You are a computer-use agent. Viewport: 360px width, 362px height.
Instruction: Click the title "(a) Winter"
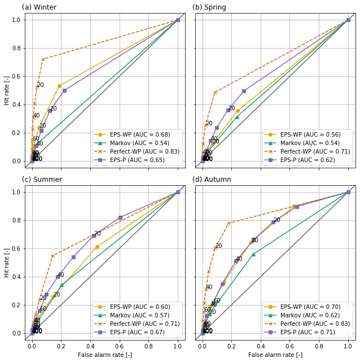point(39,7)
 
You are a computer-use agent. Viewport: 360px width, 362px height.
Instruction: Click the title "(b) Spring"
point(209,7)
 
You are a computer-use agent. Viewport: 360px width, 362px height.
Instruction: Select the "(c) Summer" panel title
point(42,180)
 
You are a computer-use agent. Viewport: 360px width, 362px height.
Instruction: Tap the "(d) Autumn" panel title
point(212,180)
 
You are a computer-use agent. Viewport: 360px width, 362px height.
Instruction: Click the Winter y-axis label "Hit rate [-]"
point(7,90)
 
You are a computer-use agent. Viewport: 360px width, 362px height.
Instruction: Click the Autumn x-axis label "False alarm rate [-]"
point(275,355)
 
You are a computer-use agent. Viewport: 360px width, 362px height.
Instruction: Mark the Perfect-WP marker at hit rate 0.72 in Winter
point(42,59)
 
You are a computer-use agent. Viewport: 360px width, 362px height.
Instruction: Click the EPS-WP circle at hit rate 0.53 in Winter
point(59,86)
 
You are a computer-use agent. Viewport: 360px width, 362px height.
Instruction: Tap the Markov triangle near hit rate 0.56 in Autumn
point(253,254)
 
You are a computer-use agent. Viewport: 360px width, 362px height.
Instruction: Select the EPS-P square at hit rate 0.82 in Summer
point(120,217)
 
